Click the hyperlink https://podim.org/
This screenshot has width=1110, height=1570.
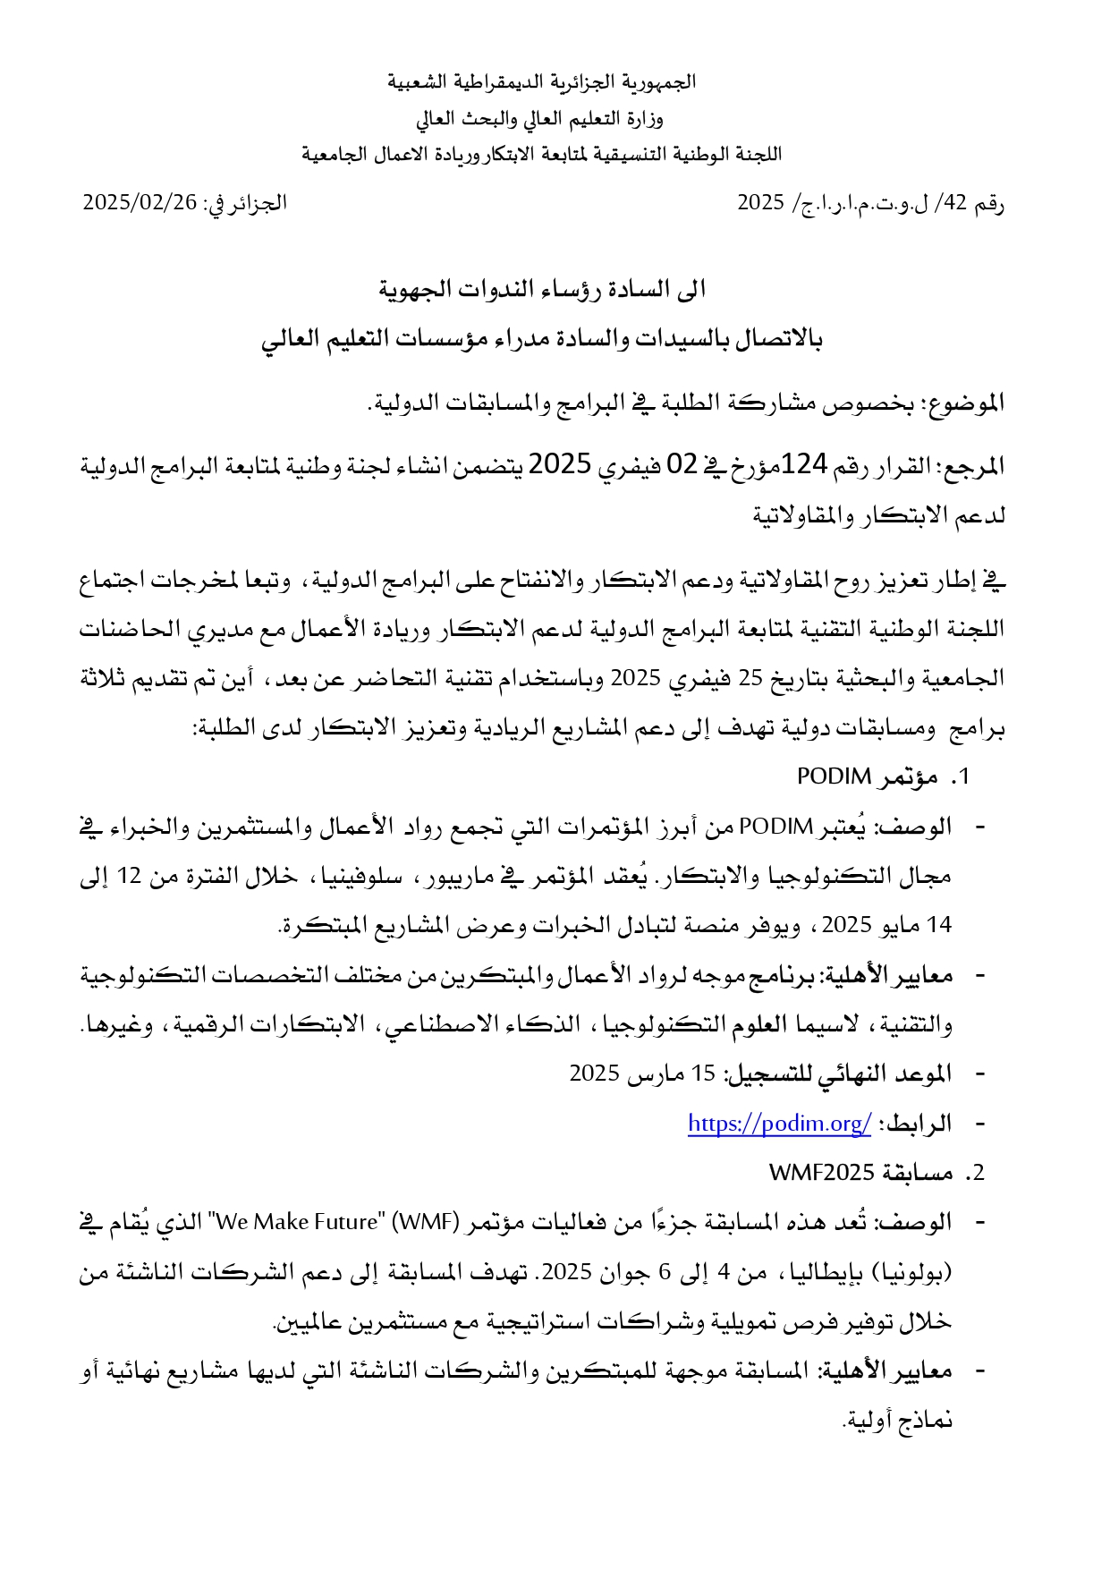pyautogui.click(x=779, y=1124)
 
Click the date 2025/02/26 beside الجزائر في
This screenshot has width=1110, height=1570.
pyautogui.click(x=140, y=202)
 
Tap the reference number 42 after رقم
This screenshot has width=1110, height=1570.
pyautogui.click(x=955, y=202)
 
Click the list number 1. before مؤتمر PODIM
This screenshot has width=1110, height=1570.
pyautogui.click(x=960, y=777)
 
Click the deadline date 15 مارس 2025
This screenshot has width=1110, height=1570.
pyautogui.click(x=643, y=1074)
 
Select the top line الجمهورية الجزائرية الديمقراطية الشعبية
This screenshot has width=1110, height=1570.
pyautogui.click(x=542, y=82)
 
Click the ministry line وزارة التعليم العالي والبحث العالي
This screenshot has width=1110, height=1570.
pyautogui.click(x=539, y=118)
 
